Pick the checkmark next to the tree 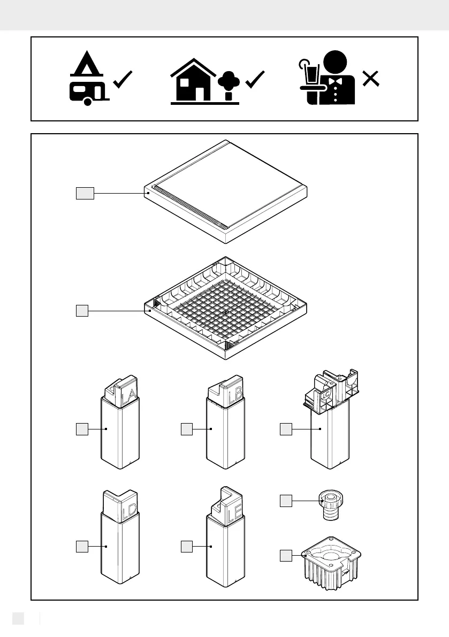tap(255, 80)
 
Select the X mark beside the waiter tap(371, 79)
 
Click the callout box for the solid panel tap(85, 193)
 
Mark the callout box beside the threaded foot tap(286, 501)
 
